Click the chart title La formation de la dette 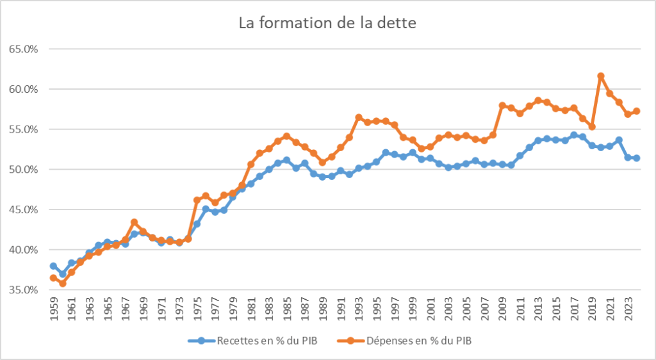pyautogui.click(x=327, y=24)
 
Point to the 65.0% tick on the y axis pyautogui.click(x=24, y=49)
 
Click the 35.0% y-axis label pyautogui.click(x=24, y=290)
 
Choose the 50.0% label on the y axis pyautogui.click(x=24, y=169)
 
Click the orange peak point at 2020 pyautogui.click(x=601, y=76)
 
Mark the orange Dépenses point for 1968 pyautogui.click(x=134, y=222)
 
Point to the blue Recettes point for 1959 pyautogui.click(x=53, y=266)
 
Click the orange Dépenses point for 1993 pyautogui.click(x=359, y=118)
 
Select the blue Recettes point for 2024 pyautogui.click(x=637, y=158)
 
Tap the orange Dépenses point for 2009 pyautogui.click(x=502, y=106)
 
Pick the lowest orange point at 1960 pyautogui.click(x=62, y=283)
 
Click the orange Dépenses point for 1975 pyautogui.click(x=197, y=200)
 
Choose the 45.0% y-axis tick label pyautogui.click(x=24, y=209)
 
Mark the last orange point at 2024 pyautogui.click(x=637, y=111)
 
